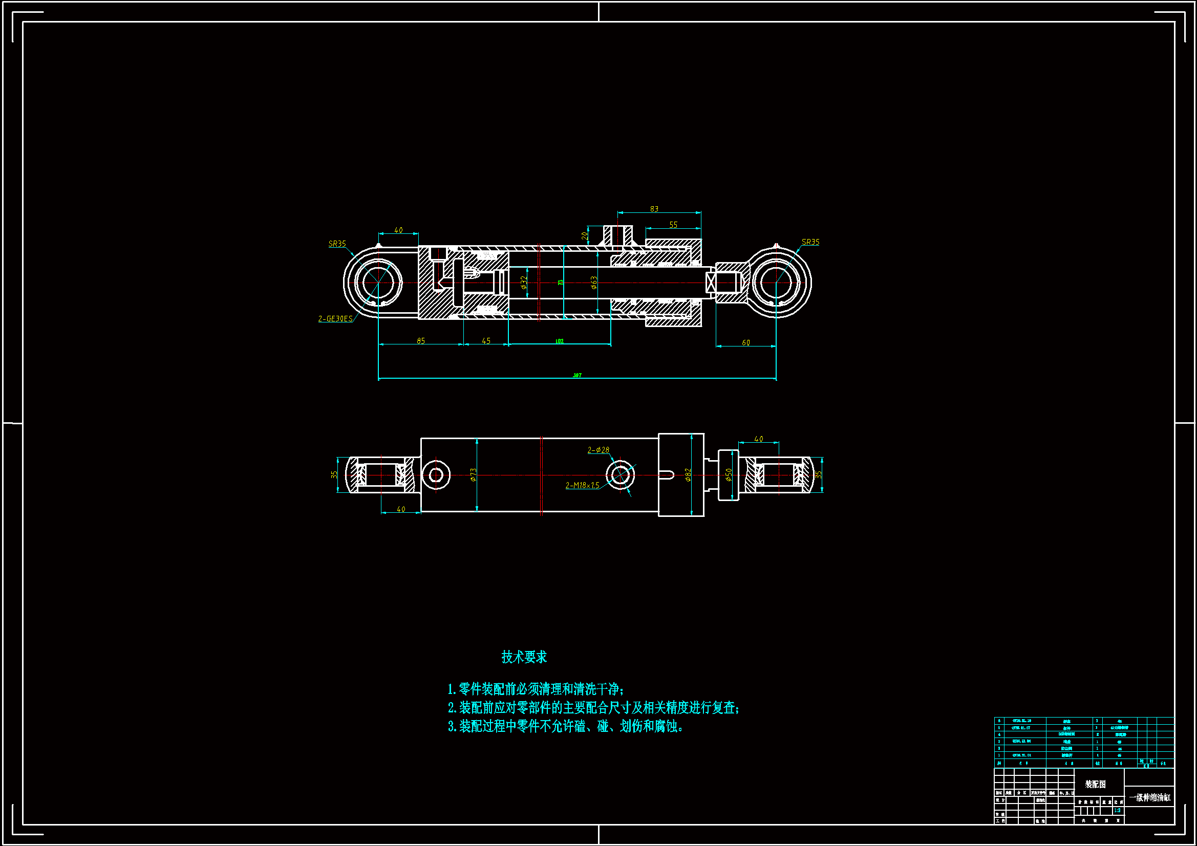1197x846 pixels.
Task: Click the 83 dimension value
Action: [x=654, y=209]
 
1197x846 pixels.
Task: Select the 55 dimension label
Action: [x=673, y=225]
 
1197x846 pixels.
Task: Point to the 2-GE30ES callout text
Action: [x=335, y=318]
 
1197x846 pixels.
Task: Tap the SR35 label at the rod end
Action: [x=810, y=242]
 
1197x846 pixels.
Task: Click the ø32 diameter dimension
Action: [x=524, y=283]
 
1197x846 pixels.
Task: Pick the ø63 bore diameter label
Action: [x=594, y=283]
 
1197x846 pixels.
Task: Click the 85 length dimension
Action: [x=421, y=341]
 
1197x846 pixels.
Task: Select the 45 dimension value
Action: [x=486, y=341]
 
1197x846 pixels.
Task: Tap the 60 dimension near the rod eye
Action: [x=746, y=342]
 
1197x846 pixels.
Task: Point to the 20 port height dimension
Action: [x=585, y=235]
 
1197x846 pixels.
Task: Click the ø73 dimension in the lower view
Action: [x=474, y=474]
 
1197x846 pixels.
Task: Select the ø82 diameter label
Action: [x=688, y=474]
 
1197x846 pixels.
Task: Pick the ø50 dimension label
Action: [x=729, y=474]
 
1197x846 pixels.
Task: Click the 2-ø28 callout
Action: [x=598, y=450]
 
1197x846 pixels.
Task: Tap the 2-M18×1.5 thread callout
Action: [x=582, y=485]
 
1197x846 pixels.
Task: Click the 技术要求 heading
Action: [x=524, y=657]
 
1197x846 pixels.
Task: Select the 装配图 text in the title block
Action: [x=1095, y=784]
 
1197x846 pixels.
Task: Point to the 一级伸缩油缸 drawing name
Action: [x=1149, y=797]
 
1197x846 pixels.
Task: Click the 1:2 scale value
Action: [x=1117, y=811]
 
